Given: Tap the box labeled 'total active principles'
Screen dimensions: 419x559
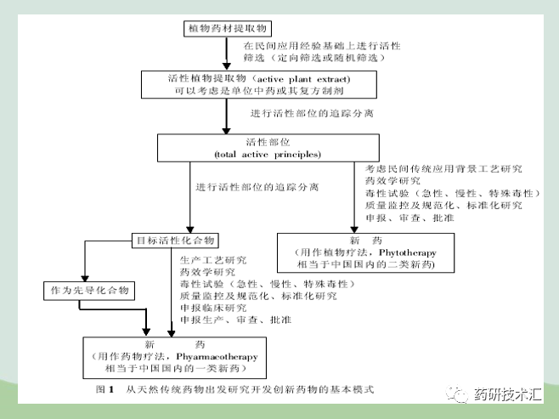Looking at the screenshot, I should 255,147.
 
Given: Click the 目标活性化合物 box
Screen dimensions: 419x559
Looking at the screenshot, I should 175,240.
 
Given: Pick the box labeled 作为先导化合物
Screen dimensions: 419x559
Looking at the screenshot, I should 89,290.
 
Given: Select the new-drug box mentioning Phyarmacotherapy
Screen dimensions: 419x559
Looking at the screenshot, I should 170,358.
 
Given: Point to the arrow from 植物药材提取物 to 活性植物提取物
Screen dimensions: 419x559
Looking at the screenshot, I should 227,54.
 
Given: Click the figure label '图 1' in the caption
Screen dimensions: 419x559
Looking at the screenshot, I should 105,389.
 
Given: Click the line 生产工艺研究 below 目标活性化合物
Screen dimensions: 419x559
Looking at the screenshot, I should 212,259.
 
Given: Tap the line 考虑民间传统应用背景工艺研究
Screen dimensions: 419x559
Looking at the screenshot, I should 443,169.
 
